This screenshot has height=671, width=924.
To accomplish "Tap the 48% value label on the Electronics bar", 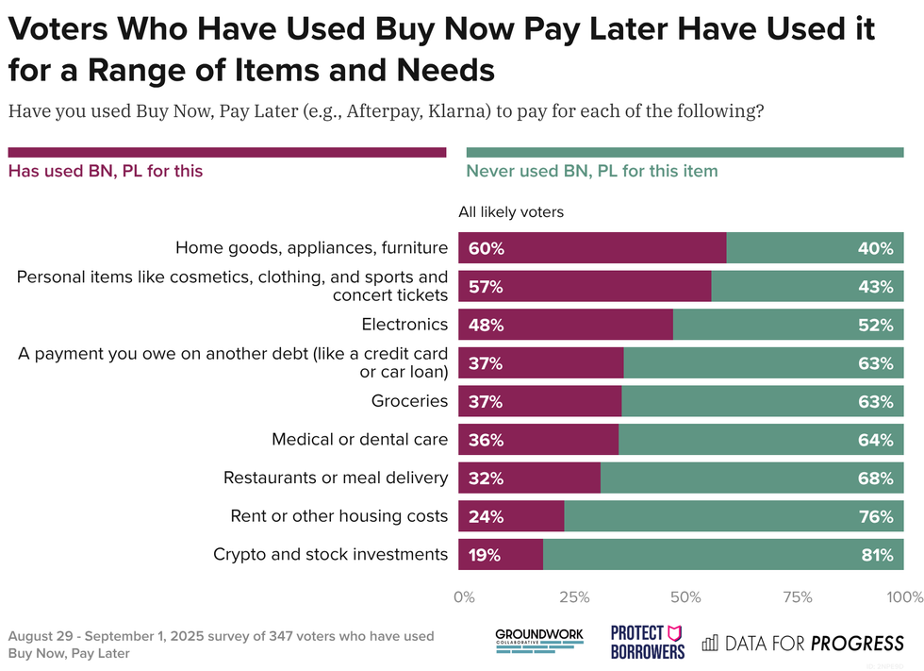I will (486, 326).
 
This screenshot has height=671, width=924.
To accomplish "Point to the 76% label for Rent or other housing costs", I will (875, 517).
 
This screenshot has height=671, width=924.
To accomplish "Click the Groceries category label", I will (409, 401).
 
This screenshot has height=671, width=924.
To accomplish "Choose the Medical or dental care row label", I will (359, 440).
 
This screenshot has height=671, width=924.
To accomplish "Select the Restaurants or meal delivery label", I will (335, 478).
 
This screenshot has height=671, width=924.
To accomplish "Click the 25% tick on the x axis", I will (574, 597).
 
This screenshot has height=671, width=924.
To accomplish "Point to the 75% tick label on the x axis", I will (798, 597).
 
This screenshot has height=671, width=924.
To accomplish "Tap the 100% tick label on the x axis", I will (905, 597).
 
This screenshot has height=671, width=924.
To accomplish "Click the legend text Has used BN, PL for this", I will (106, 171).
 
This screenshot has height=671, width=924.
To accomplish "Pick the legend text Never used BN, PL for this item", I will (592, 171).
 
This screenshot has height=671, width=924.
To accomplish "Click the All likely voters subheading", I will (511, 212).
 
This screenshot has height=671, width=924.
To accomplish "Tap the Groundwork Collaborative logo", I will (539, 642).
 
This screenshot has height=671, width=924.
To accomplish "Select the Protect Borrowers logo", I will (648, 642).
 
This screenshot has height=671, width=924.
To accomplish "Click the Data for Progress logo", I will (802, 644).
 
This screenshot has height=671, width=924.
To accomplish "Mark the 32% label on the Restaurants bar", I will (486, 478).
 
